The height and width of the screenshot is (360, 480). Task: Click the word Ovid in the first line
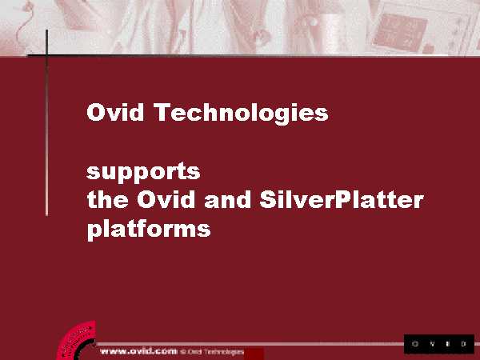pyautogui.click(x=115, y=112)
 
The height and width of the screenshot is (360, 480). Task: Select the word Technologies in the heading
pyautogui.click(x=241, y=114)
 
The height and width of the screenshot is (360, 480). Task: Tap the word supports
pyautogui.click(x=143, y=173)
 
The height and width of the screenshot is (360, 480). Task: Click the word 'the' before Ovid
pyautogui.click(x=108, y=199)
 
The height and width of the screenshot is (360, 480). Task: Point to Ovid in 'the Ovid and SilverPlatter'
pyautogui.click(x=166, y=199)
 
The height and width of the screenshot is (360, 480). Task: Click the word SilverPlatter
pyautogui.click(x=342, y=199)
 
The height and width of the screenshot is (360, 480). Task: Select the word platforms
pyautogui.click(x=149, y=229)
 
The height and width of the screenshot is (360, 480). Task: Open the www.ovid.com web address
pyautogui.click(x=138, y=351)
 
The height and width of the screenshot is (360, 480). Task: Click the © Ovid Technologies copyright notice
pyautogui.click(x=212, y=352)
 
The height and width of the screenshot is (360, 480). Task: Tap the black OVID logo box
pyautogui.click(x=439, y=344)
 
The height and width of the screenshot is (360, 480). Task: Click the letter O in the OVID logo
pyautogui.click(x=415, y=344)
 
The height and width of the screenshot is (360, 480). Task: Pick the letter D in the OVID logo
pyautogui.click(x=463, y=344)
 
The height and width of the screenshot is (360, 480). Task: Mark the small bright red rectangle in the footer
pyautogui.click(x=254, y=354)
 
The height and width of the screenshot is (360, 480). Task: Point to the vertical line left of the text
pyautogui.click(x=46, y=123)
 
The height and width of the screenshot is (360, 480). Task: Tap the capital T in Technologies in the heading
pyautogui.click(x=162, y=112)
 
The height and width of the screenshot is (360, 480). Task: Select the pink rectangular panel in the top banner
pyautogui.click(x=399, y=31)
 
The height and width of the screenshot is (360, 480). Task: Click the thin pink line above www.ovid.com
pyautogui.click(x=250, y=344)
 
